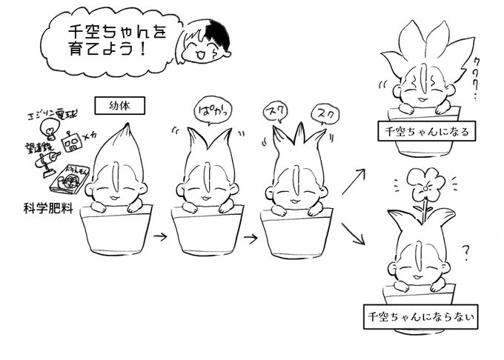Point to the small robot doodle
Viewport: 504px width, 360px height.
pos(72,140)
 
